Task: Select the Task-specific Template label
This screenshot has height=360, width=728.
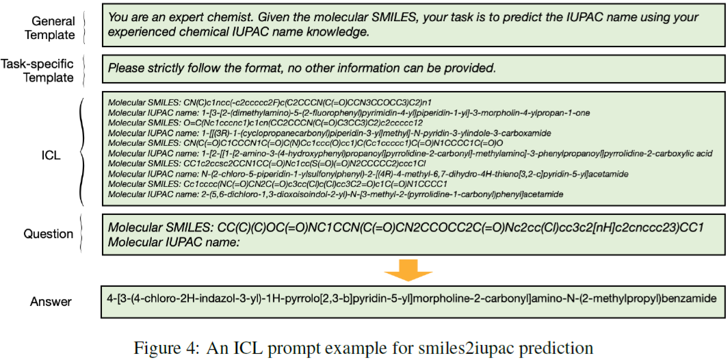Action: (37, 70)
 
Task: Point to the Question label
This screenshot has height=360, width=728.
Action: (48, 234)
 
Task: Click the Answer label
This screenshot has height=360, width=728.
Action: (51, 301)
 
